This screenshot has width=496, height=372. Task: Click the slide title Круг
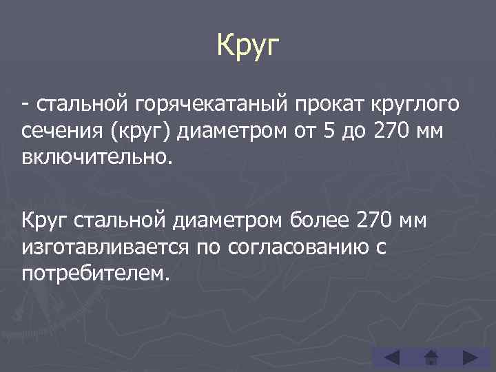click(x=249, y=46)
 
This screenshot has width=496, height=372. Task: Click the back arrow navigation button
click(x=391, y=358)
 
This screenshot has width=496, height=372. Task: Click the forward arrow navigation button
click(x=470, y=358)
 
